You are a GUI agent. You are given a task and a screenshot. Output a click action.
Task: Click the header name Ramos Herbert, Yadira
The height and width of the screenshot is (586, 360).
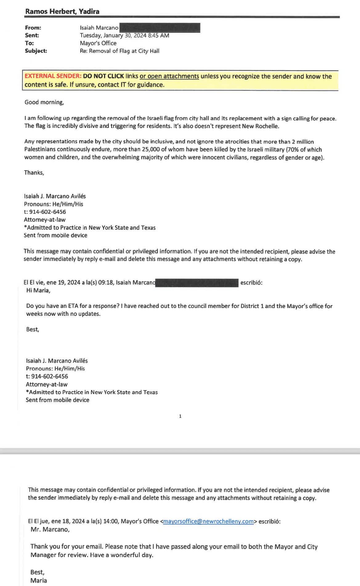(x=62, y=11)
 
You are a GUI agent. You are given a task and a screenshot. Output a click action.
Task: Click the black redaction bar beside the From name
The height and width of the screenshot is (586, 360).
(x=160, y=28)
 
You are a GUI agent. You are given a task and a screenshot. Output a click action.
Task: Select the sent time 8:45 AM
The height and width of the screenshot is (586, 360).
(x=159, y=35)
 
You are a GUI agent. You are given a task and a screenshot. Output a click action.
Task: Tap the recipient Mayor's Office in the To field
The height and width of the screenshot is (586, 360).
(x=98, y=43)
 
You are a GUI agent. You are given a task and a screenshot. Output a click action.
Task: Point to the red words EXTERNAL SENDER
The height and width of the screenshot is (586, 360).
(x=53, y=76)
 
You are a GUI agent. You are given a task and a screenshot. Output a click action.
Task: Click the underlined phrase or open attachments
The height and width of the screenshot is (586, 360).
(x=169, y=76)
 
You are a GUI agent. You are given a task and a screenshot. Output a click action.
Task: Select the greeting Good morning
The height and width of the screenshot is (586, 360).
(x=44, y=102)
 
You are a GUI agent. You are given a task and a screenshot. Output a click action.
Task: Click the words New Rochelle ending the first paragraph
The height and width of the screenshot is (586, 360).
(x=260, y=126)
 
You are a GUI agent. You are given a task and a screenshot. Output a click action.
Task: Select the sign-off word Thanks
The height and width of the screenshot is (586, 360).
(x=34, y=173)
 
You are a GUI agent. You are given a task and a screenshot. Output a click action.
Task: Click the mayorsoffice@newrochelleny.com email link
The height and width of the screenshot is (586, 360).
(x=208, y=521)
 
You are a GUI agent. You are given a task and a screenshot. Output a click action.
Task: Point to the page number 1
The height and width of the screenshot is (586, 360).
(x=180, y=416)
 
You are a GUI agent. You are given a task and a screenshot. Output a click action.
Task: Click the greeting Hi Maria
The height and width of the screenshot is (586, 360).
(x=38, y=290)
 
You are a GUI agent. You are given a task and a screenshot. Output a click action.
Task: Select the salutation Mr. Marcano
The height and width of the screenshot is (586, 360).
(x=50, y=529)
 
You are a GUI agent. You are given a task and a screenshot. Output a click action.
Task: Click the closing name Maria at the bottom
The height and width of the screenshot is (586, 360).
(x=39, y=580)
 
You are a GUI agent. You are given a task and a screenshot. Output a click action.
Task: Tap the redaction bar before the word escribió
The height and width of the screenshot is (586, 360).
(x=197, y=283)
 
